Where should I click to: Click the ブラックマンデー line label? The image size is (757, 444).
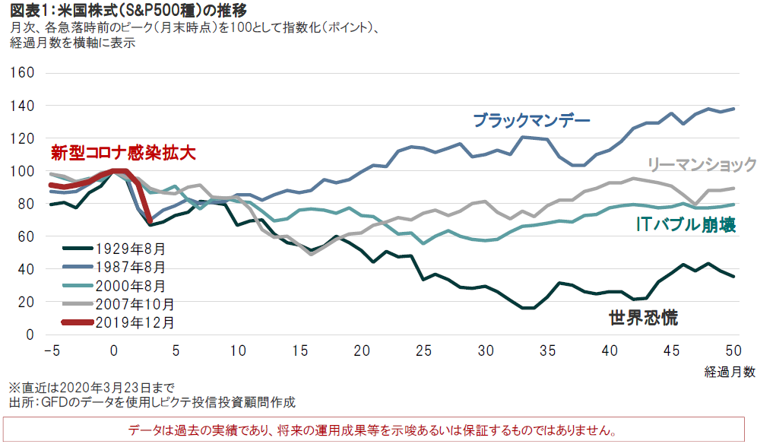tap(531, 120)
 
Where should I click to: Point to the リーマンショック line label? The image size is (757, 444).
tap(701, 164)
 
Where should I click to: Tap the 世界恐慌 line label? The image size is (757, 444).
tap(643, 318)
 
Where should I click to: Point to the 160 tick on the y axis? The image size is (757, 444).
tap(25, 73)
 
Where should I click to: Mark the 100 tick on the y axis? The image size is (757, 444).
tap(25, 171)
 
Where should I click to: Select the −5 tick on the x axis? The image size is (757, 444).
tap(51, 350)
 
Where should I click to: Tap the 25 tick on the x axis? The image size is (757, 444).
tap(423, 350)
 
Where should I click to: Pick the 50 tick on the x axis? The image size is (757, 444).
tap(734, 350)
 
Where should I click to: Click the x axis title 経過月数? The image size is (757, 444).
tap(729, 371)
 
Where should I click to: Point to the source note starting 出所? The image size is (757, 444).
tap(150, 402)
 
